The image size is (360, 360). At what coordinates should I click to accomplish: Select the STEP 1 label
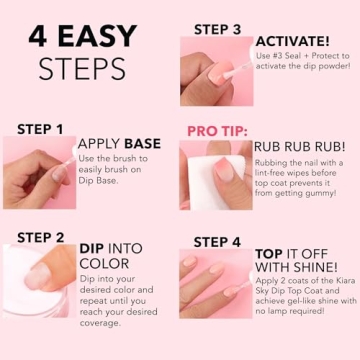41,129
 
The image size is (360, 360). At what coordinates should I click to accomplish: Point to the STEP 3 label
217,29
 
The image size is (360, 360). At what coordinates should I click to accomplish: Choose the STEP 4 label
217,241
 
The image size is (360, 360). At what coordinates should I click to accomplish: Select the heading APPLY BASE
119,144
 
